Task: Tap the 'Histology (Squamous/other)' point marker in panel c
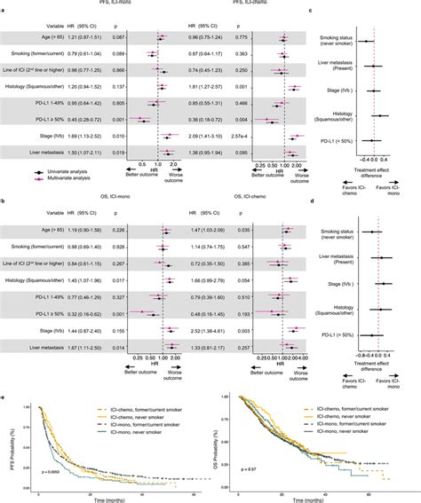click(x=382, y=116)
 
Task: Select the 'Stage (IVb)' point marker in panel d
click(x=380, y=283)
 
